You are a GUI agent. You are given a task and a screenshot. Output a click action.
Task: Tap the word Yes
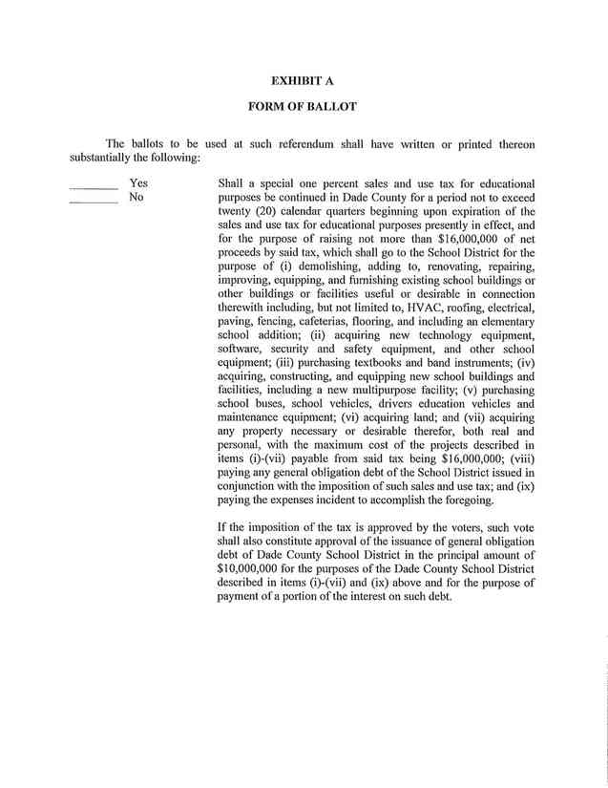click(138, 182)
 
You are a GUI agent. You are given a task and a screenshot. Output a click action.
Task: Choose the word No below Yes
click(136, 197)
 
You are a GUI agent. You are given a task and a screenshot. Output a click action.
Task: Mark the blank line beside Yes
click(94, 187)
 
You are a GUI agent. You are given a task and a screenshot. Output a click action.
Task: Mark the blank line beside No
click(94, 202)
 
